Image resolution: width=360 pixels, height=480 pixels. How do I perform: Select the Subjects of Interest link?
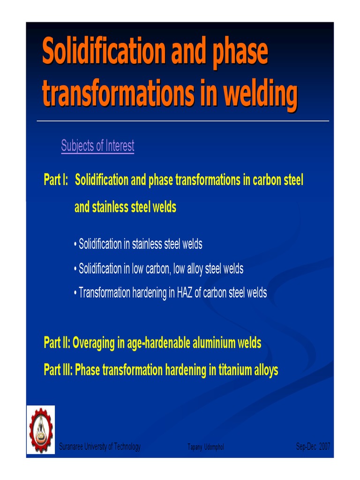point(97,146)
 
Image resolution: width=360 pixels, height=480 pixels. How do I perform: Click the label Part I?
point(56,180)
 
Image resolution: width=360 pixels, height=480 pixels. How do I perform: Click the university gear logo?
point(41,430)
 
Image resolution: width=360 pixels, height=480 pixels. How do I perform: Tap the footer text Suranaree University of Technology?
point(100,447)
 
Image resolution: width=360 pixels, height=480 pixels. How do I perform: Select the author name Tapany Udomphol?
point(205,448)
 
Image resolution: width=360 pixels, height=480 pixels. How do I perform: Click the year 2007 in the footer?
point(324,447)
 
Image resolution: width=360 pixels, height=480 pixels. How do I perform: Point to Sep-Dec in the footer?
point(307,447)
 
